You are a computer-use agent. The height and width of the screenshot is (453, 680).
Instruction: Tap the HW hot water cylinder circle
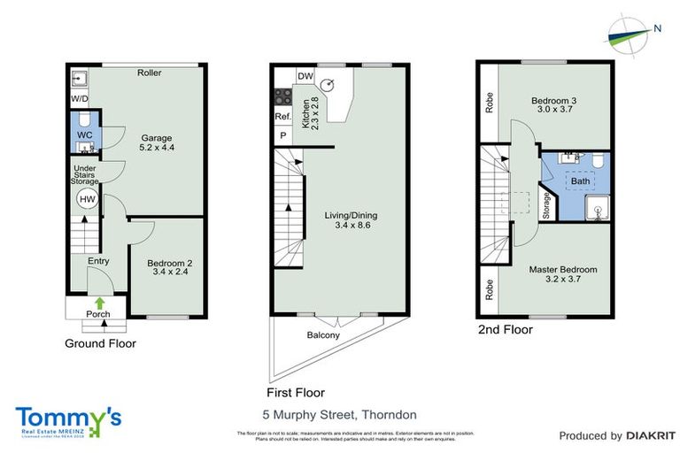coord(86,200)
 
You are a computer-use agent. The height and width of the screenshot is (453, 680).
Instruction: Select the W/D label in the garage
coord(80,98)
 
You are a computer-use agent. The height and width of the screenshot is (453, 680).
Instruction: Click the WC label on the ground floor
coord(85,134)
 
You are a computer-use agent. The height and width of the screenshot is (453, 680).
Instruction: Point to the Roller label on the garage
coord(149,73)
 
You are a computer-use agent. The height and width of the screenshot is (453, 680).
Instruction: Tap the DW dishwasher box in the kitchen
coord(305,76)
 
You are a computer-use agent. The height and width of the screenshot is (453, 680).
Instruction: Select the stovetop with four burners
coord(284,96)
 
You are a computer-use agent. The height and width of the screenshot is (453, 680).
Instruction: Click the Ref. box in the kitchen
coord(283,117)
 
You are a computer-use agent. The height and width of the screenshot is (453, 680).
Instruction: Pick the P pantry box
coord(283,135)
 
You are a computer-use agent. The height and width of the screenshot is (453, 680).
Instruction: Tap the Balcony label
coord(323,335)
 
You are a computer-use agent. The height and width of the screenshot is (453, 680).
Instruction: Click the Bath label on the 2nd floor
coord(580,181)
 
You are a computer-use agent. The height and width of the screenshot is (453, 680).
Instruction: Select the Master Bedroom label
coord(563,269)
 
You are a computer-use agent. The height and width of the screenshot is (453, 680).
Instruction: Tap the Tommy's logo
coord(68,420)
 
